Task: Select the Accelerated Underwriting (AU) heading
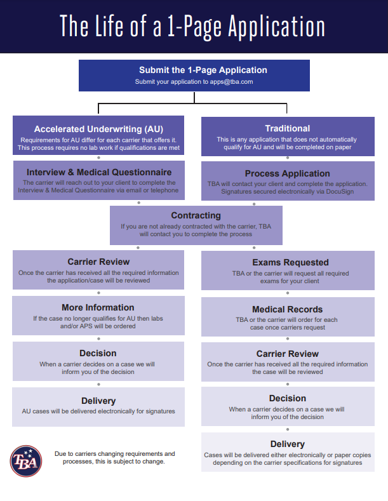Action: click(x=98, y=128)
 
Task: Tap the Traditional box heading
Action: click(x=287, y=128)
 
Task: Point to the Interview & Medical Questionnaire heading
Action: click(x=99, y=172)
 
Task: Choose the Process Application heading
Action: click(x=287, y=173)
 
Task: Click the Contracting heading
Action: click(x=196, y=216)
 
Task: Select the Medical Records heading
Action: click(x=287, y=310)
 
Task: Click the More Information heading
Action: click(x=98, y=307)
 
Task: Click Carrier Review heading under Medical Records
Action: click(x=287, y=354)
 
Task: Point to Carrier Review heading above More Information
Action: click(x=98, y=262)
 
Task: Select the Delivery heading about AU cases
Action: click(x=98, y=401)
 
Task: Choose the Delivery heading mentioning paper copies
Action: click(x=287, y=444)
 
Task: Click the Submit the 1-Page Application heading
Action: click(x=194, y=70)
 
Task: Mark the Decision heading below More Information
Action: click(x=98, y=353)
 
